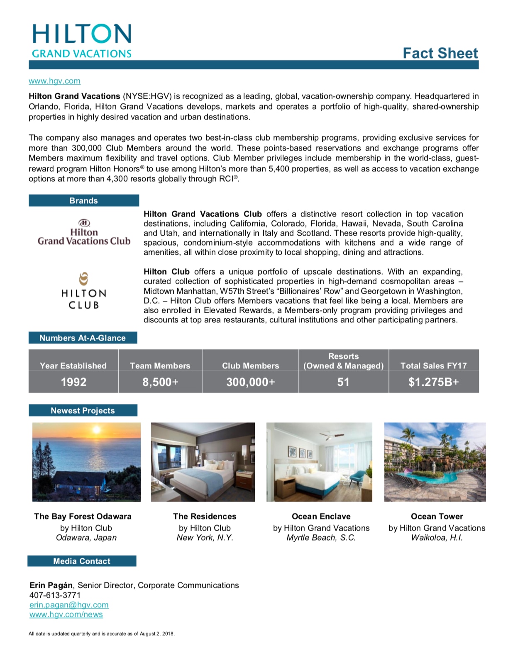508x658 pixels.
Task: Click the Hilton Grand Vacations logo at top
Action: pos(82,41)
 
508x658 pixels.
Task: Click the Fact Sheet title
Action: pos(440,53)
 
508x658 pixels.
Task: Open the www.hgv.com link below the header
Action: pos(54,81)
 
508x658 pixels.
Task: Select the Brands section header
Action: pos(83,200)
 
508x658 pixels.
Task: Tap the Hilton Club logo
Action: pos(83,291)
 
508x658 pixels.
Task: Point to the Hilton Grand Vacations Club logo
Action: pos(84,232)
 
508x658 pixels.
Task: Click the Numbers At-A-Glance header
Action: pos(83,338)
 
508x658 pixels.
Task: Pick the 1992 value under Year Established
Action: pos(73,382)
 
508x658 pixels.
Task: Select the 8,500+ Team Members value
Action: pos(160,382)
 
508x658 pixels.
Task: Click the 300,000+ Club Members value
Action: pos(250,382)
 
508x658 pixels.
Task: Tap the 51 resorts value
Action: pos(343,382)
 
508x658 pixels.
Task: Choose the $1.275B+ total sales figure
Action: pos(433,382)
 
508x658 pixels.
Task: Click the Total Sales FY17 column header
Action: pos(433,366)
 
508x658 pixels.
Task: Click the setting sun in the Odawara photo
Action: pos(96,430)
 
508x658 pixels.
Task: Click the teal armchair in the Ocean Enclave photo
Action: pos(356,477)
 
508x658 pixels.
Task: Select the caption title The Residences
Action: pos(205,516)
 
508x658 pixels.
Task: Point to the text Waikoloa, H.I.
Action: pos(437,538)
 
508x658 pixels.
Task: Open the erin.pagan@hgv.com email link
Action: pos(69,605)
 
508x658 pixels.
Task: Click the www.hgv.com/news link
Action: pos(66,614)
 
